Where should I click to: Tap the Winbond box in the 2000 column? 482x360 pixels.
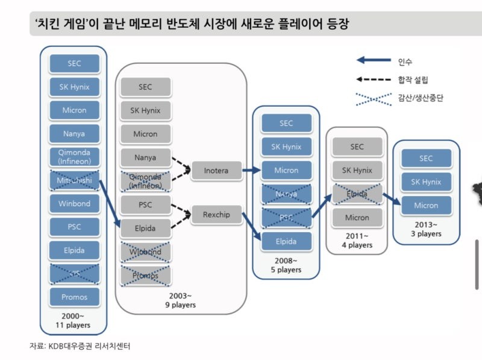click(x=74, y=204)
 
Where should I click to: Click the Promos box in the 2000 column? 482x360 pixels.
click(x=74, y=297)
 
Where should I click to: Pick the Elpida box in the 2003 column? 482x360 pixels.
click(x=145, y=229)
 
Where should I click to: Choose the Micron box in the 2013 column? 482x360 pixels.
click(x=426, y=206)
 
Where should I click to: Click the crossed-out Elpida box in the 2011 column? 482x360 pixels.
click(x=357, y=194)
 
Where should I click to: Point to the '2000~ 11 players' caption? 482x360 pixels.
click(x=74, y=320)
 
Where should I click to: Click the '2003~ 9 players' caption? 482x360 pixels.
click(x=181, y=300)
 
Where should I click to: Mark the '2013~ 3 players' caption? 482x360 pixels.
click(x=426, y=229)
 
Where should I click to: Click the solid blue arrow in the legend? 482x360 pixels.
click(x=374, y=60)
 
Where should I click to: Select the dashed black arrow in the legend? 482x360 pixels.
click(x=374, y=79)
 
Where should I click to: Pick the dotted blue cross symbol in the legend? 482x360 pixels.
click(x=374, y=98)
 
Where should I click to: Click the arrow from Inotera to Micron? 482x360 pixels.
click(x=249, y=171)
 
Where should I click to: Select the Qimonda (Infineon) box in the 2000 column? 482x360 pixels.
click(x=74, y=157)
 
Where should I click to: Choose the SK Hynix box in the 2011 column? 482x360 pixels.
click(x=357, y=170)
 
